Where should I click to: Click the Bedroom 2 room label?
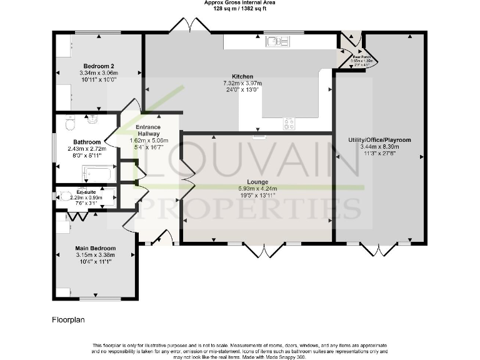tap(99, 66)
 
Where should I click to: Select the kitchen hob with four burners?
tap(289, 124)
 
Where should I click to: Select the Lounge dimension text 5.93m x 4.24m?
tap(257, 188)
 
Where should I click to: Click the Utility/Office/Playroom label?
tap(379, 140)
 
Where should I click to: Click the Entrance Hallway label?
tap(148, 130)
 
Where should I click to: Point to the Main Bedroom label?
tap(95, 248)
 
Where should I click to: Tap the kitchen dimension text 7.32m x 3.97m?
tap(241, 83)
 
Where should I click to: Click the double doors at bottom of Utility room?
tap(379, 250)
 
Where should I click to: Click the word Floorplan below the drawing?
tap(67, 319)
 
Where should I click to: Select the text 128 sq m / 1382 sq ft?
tap(240, 9)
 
